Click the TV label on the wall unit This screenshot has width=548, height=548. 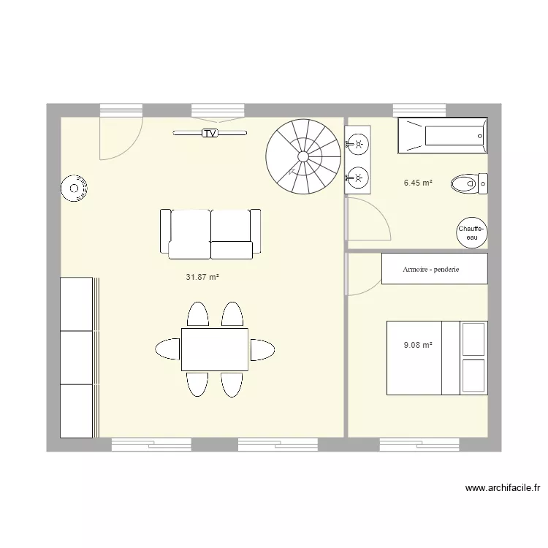pos(210,133)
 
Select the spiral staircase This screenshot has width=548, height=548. pos(302,156)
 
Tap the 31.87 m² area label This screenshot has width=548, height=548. pos(203,277)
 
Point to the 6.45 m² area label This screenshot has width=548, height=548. pos(419,183)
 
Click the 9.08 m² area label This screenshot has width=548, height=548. pos(419,345)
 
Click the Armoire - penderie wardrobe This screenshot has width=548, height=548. pos(434,269)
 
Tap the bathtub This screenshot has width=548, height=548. pos(442,135)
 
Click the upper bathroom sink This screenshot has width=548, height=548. pos(358,143)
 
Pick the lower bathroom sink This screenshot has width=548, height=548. pos(358,176)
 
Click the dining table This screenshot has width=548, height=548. pos(214,349)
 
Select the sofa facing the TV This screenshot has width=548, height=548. pos(210,234)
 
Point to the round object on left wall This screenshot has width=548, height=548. pos(74,189)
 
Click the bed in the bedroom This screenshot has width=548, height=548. pos(435,357)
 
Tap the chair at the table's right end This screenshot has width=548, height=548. pos(262,350)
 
